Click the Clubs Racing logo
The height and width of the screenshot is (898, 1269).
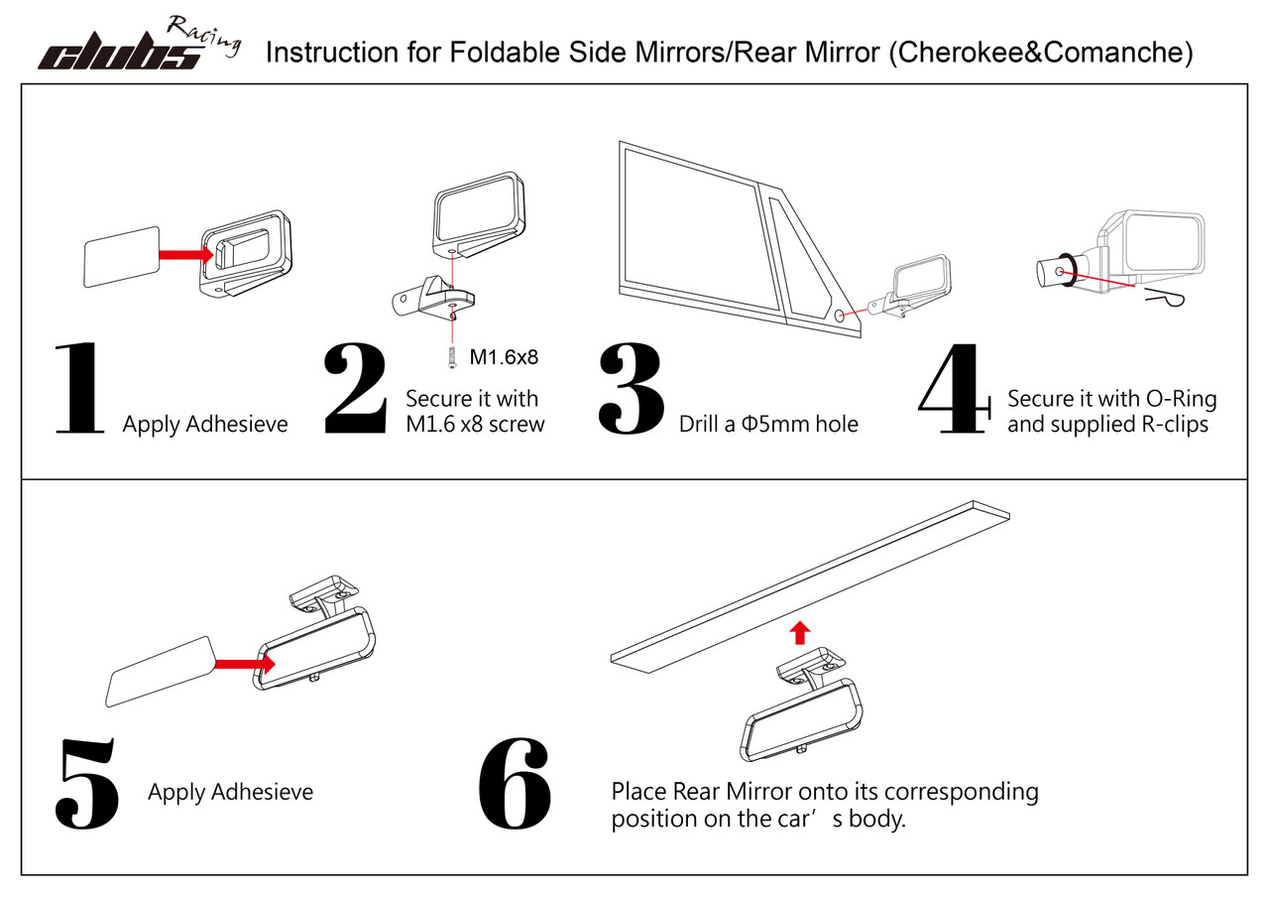(x=139, y=46)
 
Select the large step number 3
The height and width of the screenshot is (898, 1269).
(x=632, y=389)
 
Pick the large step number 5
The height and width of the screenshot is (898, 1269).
(x=88, y=784)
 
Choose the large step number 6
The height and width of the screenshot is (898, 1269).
(x=515, y=784)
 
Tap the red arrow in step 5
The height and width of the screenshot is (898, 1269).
(x=242, y=664)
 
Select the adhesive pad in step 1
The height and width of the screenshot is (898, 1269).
(x=122, y=256)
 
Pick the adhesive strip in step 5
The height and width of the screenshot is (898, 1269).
(x=159, y=670)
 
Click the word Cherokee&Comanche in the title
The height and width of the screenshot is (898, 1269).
(x=1040, y=53)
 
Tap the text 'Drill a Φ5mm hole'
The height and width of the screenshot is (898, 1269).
(x=767, y=425)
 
